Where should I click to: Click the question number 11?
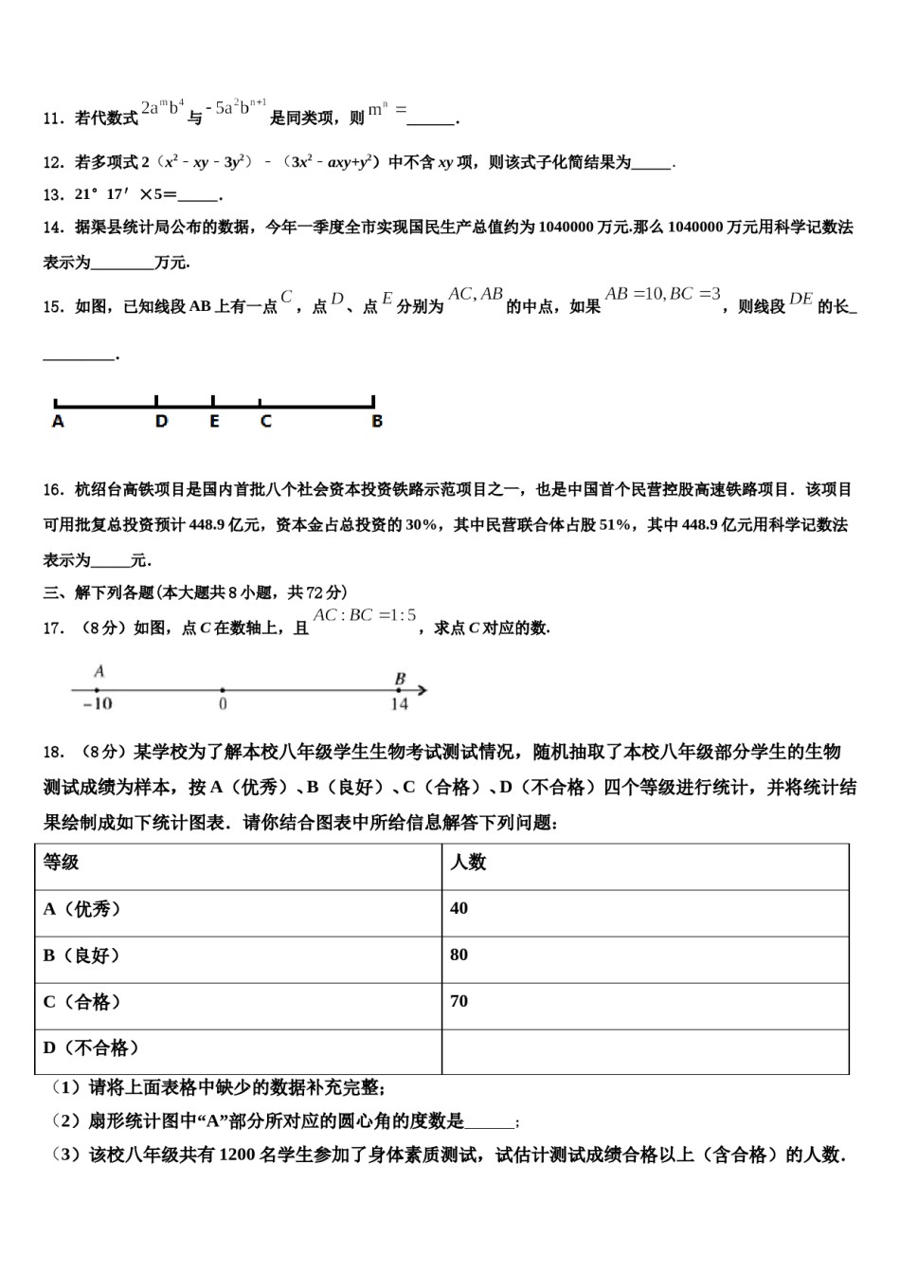pos(53,118)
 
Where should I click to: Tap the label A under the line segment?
pos(58,422)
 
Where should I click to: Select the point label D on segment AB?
pos(161,422)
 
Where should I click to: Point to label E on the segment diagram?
pos(214,422)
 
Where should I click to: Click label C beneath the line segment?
pos(265,422)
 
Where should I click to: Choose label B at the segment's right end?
pos(376,422)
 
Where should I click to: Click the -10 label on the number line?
pos(97,704)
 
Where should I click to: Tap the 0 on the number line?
pos(223,704)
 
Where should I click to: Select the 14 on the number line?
pos(399,704)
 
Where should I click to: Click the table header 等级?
pos(62,863)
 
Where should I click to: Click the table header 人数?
pos(468,863)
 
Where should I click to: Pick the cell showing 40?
pos(459,909)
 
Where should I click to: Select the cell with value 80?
pos(459,955)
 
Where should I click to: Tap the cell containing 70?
pos(459,1002)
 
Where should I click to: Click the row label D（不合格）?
pos(93,1048)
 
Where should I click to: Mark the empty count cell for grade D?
pos(644,1051)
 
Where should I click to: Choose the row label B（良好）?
pos(83,955)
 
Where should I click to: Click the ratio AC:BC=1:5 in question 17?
pos(365,616)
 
